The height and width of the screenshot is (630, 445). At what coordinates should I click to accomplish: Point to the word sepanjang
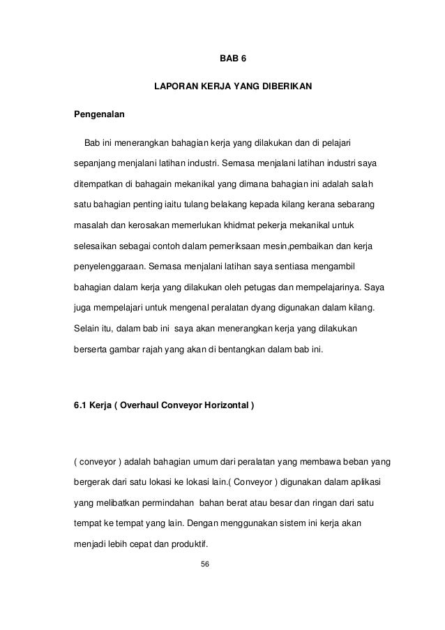(x=94, y=164)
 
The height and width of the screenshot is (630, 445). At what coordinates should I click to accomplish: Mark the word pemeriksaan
(x=250, y=246)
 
